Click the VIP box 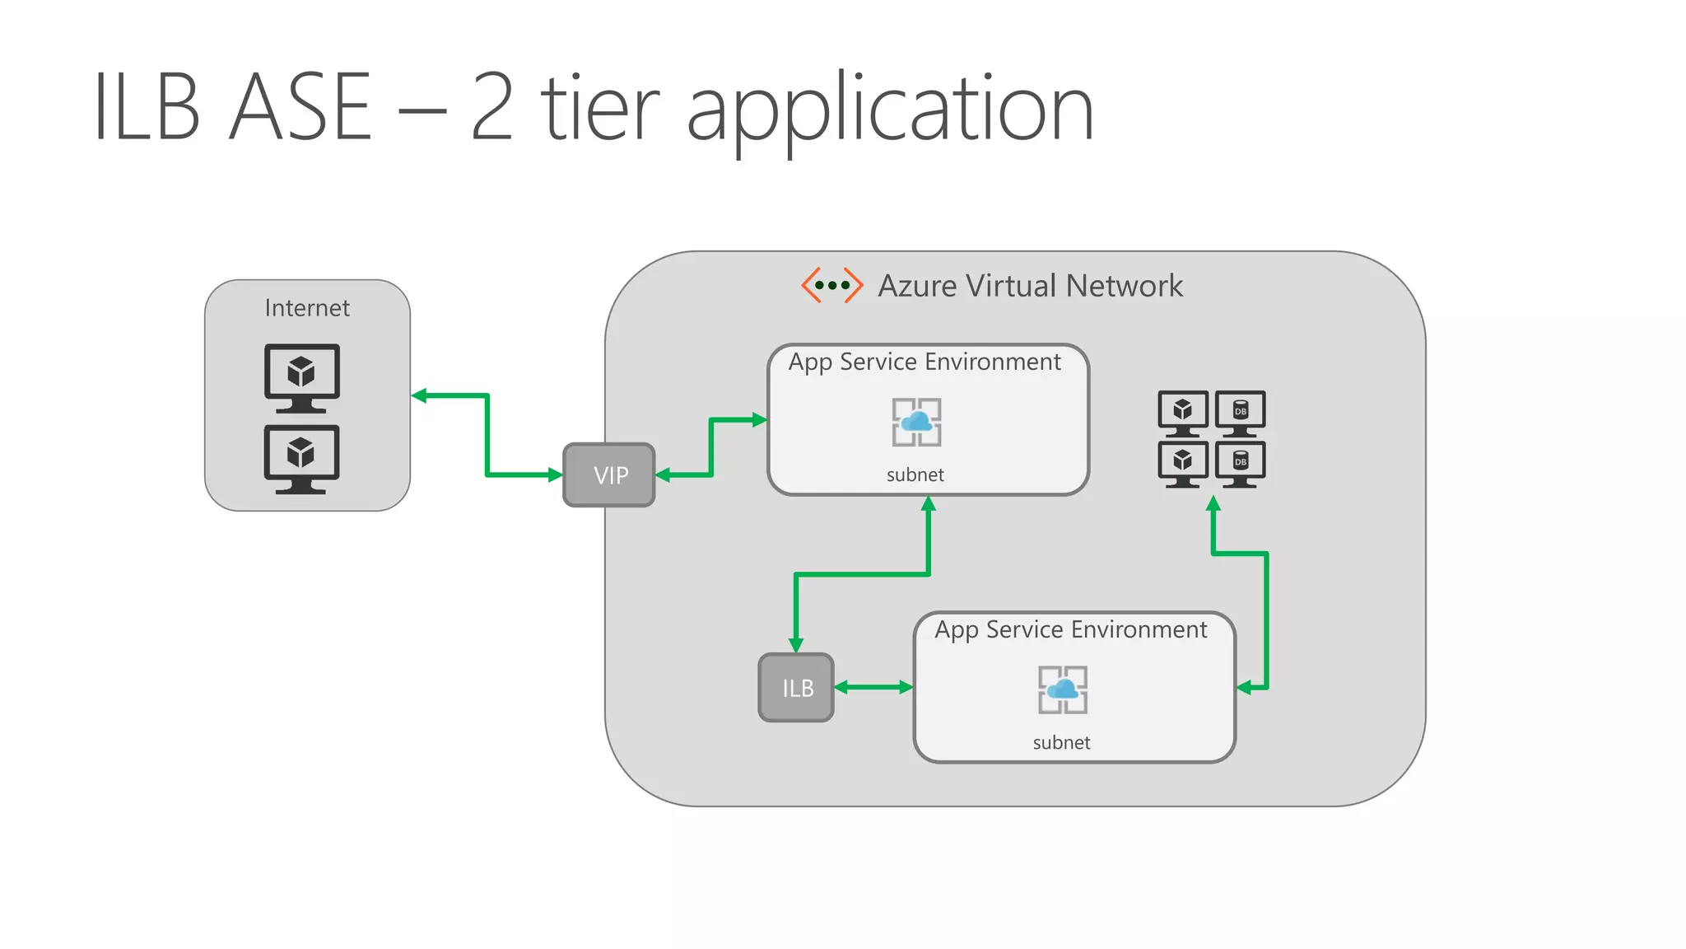tap(609, 475)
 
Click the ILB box tap(796, 688)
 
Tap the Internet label tap(307, 308)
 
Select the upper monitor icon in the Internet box tap(301, 377)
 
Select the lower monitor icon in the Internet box tap(301, 458)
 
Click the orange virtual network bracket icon tap(831, 285)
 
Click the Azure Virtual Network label tap(1030, 286)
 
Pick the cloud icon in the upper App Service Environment tap(916, 423)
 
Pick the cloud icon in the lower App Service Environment tap(1062, 690)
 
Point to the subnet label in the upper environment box tap(915, 475)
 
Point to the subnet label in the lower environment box tap(1061, 743)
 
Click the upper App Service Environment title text tap(925, 362)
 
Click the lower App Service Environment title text tap(1070, 629)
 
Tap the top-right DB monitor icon tap(1241, 413)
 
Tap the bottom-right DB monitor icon tap(1241, 463)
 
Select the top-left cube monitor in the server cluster tap(1183, 413)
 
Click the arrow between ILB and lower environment tap(873, 687)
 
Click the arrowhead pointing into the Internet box tap(419, 395)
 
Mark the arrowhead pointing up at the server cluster tap(1213, 504)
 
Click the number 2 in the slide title tap(492, 107)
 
